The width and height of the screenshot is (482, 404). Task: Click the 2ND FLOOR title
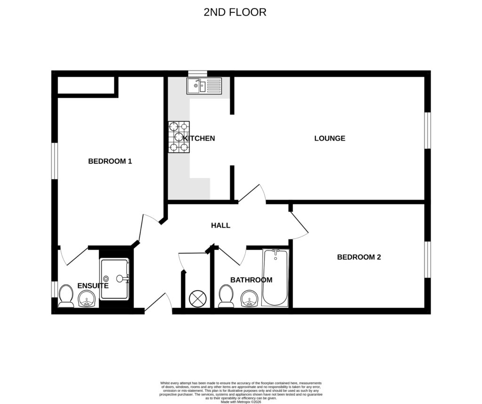tap(235, 12)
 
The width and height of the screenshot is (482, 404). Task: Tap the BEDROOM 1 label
tap(110, 161)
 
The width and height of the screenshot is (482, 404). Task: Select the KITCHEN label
tap(199, 138)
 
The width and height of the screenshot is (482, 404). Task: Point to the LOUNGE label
tap(329, 138)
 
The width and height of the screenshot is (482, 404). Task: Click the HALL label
tap(220, 225)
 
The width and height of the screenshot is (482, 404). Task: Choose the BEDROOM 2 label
tap(359, 257)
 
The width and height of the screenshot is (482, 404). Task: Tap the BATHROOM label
tap(251, 280)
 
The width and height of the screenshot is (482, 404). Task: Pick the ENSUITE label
tap(93, 285)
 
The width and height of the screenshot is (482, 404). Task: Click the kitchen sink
tap(204, 86)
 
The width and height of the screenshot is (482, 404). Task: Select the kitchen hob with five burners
tap(179, 137)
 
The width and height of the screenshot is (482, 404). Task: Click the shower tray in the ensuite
tap(114, 279)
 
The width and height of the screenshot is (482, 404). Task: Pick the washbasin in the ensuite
tap(87, 299)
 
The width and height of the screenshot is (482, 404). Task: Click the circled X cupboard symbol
tap(196, 299)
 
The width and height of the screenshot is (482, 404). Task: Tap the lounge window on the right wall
tap(427, 130)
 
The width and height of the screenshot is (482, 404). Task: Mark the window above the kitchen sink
tap(197, 73)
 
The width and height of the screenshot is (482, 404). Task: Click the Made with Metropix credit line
tap(241, 401)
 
